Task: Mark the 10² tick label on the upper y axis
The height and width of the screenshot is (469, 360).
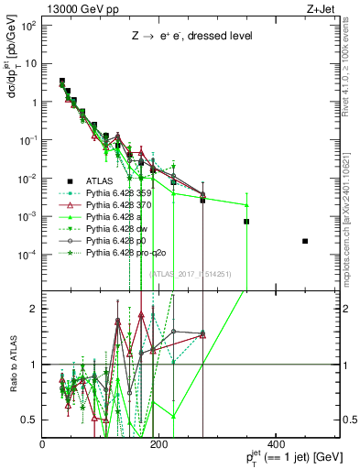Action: pos(27,26)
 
